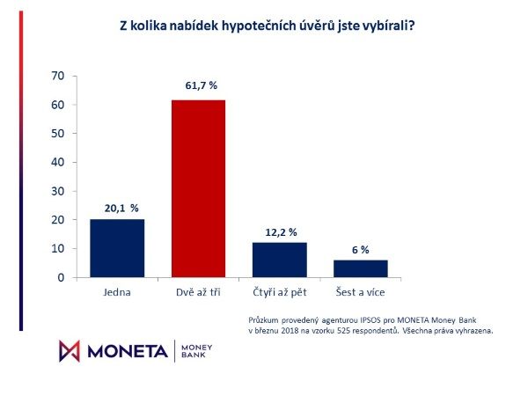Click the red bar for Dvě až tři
tap(198, 188)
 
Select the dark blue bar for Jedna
tap(117, 248)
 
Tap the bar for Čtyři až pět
tap(279, 260)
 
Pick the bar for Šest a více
tap(360, 268)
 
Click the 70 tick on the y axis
tap(59, 76)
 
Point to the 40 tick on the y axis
tap(59, 162)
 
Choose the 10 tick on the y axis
tap(59, 248)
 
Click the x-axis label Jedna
tap(117, 290)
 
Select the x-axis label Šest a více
tap(360, 290)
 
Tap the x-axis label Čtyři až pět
tap(279, 290)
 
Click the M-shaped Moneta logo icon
tap(70, 349)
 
